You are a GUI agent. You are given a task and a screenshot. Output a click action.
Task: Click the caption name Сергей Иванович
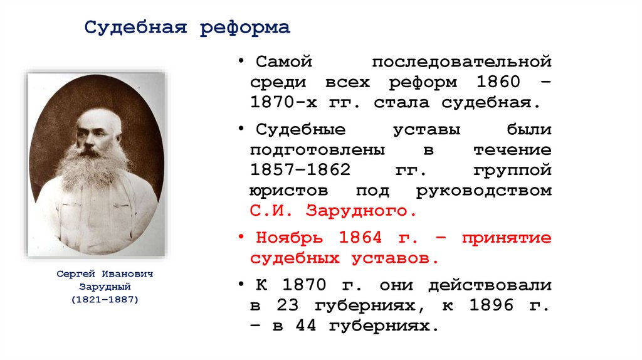pyautogui.click(x=105, y=275)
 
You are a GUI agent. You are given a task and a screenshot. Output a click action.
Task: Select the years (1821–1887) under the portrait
pyautogui.click(x=105, y=300)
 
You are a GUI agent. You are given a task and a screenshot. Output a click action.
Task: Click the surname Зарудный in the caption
pyautogui.click(x=105, y=287)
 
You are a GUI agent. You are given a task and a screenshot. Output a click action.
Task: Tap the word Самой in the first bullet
pyautogui.click(x=283, y=62)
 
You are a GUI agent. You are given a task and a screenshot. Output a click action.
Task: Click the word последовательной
pyautogui.click(x=461, y=62)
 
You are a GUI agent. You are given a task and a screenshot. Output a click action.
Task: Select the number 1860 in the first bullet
pyautogui.click(x=498, y=82)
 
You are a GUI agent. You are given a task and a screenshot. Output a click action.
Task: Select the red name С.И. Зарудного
pyautogui.click(x=333, y=211)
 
